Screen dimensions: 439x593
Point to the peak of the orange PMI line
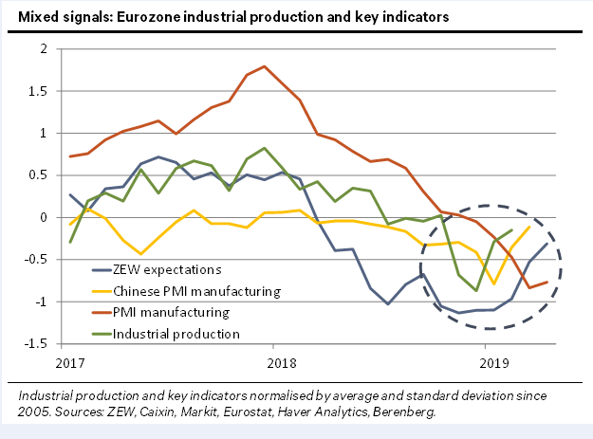[265, 66]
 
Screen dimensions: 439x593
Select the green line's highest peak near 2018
[265, 148]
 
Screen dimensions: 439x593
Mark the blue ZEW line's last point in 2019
[547, 244]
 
